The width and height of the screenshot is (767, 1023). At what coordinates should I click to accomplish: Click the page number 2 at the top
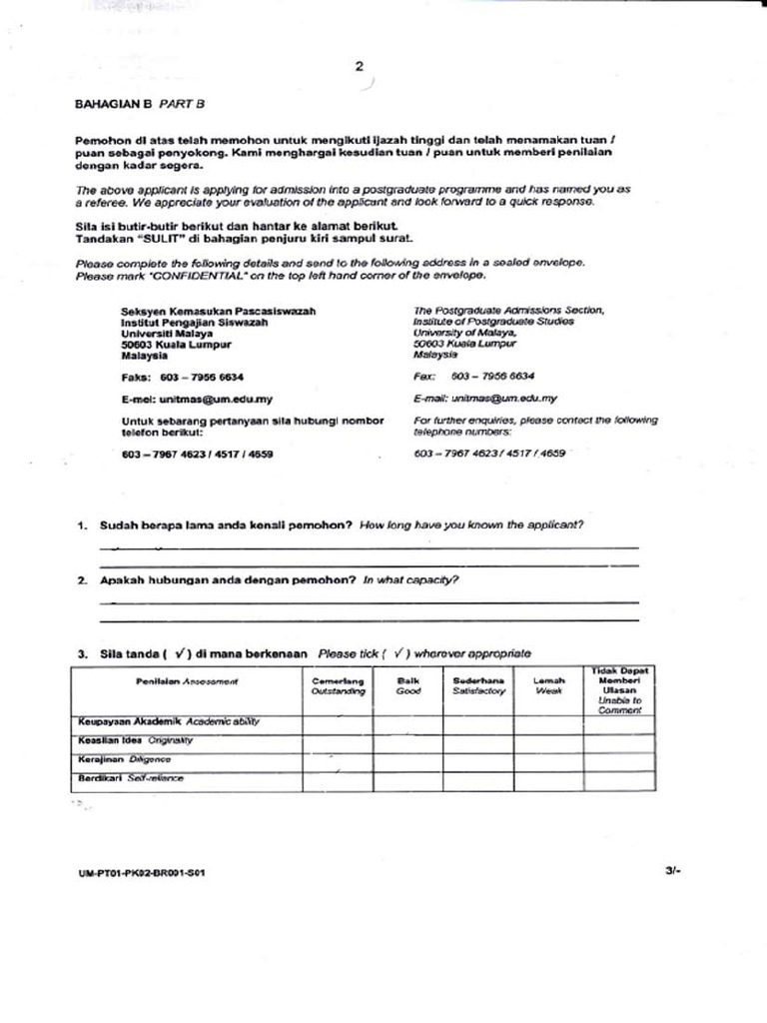tap(359, 67)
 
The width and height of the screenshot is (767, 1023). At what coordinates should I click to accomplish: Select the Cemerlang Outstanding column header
tap(338, 686)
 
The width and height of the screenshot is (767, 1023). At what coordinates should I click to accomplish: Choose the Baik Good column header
tap(407, 686)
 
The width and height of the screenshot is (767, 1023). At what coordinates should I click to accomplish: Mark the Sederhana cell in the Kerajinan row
tap(478, 761)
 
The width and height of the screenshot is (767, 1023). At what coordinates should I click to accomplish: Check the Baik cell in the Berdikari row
tap(407, 780)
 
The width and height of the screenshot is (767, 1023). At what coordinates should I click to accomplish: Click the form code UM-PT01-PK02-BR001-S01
tap(142, 872)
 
